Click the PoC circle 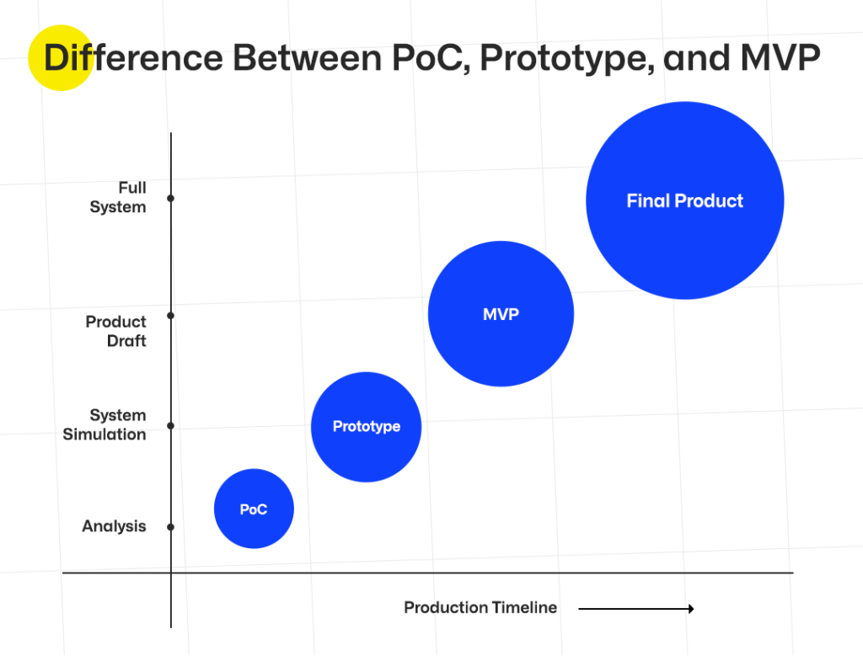pyautogui.click(x=254, y=509)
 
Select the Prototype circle pyautogui.click(x=366, y=427)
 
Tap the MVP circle pyautogui.click(x=501, y=314)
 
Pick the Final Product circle pyautogui.click(x=684, y=200)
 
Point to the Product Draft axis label pyautogui.click(x=116, y=331)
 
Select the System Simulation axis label pyautogui.click(x=105, y=425)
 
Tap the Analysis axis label pyautogui.click(x=114, y=526)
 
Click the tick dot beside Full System pyautogui.click(x=170, y=199)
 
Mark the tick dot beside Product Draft pyautogui.click(x=170, y=316)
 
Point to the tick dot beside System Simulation pyautogui.click(x=170, y=425)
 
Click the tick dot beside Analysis pyautogui.click(x=170, y=527)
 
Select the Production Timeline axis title pyautogui.click(x=480, y=607)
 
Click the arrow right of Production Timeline pyautogui.click(x=635, y=608)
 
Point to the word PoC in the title pyautogui.click(x=426, y=59)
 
